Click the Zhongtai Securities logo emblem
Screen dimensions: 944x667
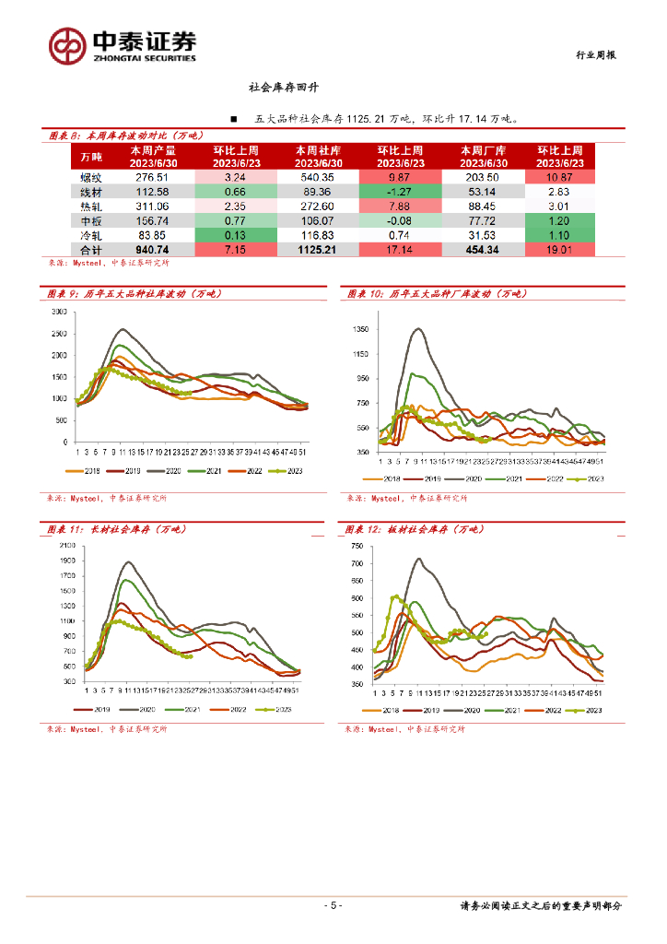(67, 44)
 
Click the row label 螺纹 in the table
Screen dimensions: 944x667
(91, 177)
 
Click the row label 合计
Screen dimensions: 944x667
(91, 249)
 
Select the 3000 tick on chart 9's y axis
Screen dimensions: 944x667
(60, 312)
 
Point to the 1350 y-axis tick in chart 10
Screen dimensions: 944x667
(360, 329)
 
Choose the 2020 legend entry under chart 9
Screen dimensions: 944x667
(175, 471)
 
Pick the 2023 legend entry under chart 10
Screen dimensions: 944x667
(589, 479)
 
